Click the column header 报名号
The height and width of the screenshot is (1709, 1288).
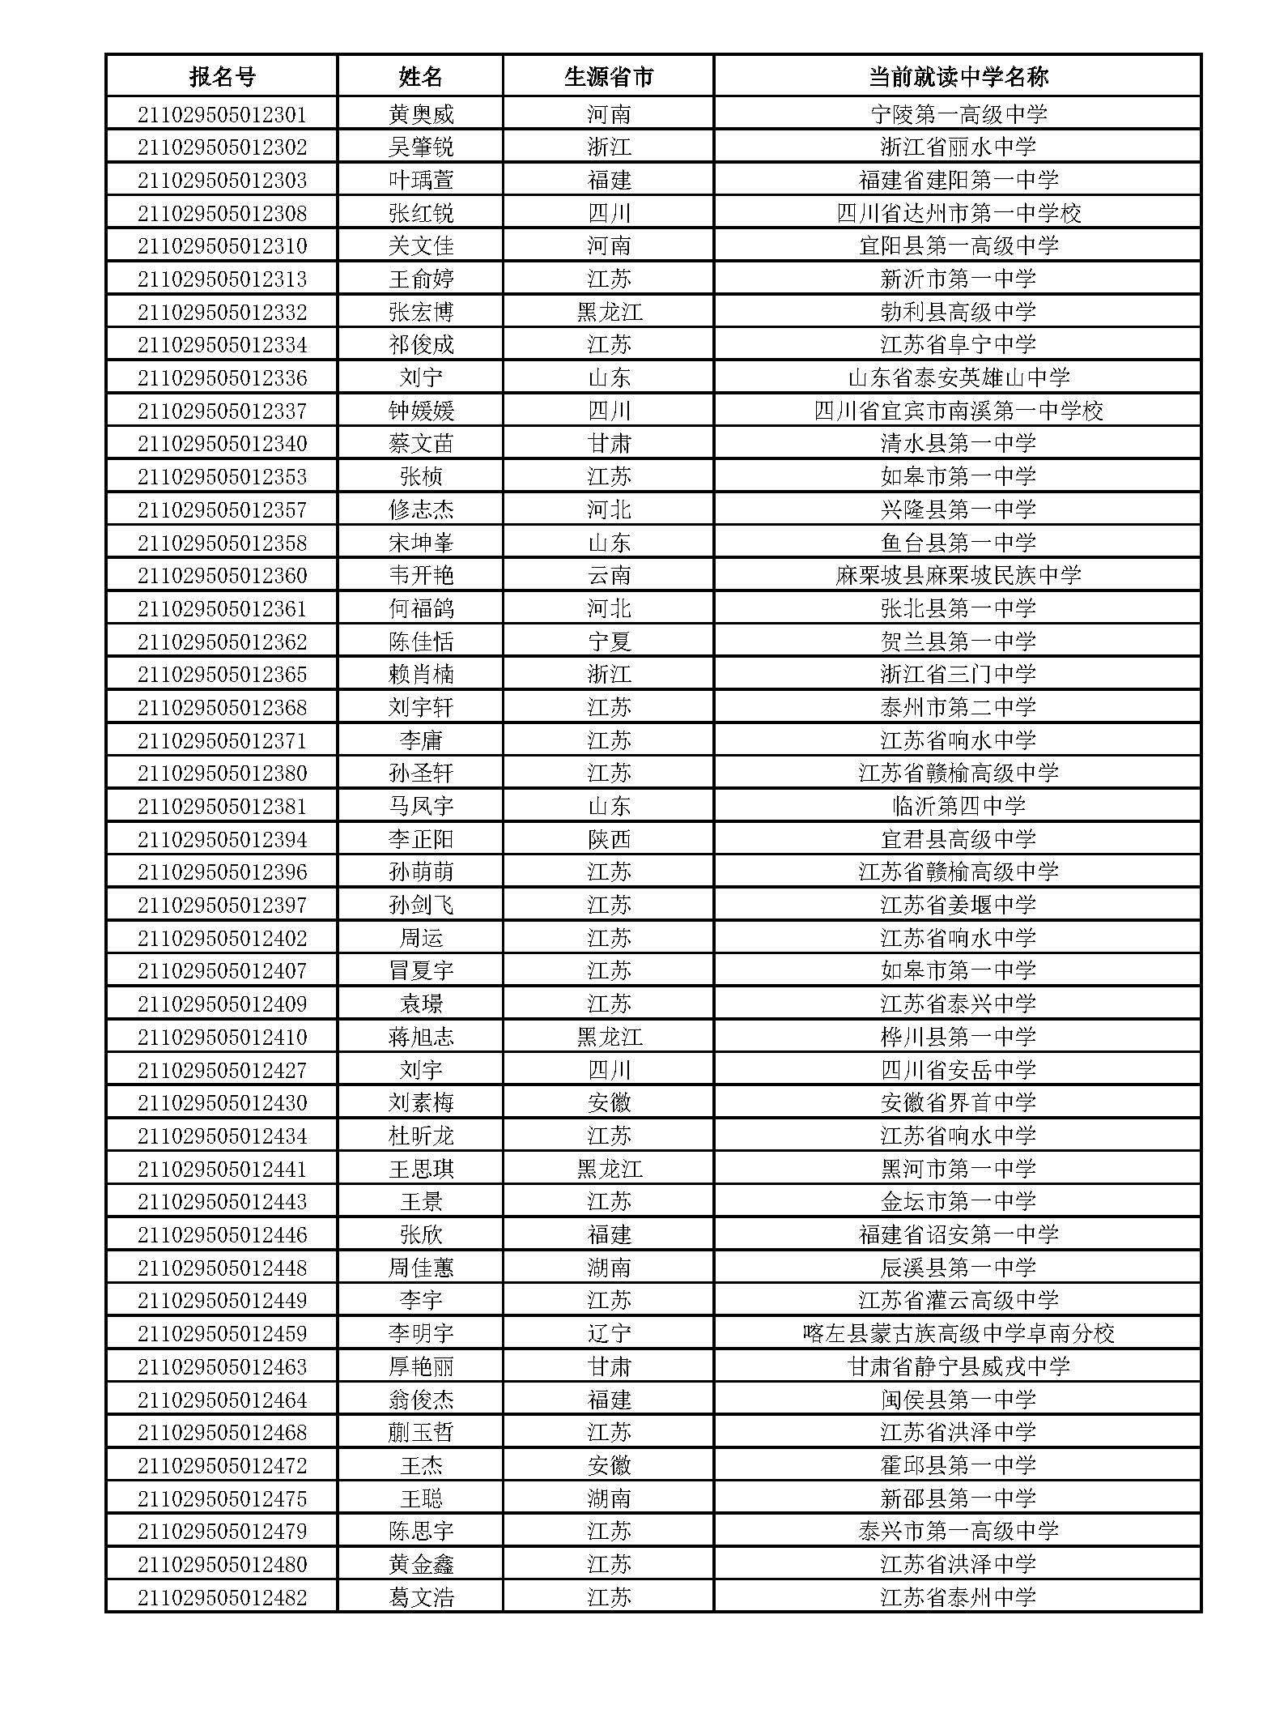[x=222, y=77]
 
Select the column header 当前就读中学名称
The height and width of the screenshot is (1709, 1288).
[x=958, y=77]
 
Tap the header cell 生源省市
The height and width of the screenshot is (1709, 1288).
[x=608, y=77]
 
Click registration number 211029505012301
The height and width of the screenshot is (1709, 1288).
[x=222, y=114]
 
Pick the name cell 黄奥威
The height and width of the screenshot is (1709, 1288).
[x=421, y=114]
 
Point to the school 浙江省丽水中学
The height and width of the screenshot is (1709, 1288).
[x=958, y=147]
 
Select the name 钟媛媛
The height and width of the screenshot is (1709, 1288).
[x=421, y=411]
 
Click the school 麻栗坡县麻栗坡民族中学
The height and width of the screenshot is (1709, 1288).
[x=958, y=575]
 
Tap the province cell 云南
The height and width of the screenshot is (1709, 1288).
[x=608, y=575]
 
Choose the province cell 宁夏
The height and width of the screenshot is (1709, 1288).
[x=608, y=641]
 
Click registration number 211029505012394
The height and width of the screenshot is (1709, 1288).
[x=222, y=839]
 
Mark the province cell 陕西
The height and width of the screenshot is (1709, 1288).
[x=608, y=839]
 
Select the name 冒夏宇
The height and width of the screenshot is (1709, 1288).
[x=421, y=970]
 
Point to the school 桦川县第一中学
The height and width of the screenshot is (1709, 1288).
[x=958, y=1037]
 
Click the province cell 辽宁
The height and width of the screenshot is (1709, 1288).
[x=608, y=1333]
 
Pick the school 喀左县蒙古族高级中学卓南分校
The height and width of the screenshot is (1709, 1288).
[x=958, y=1333]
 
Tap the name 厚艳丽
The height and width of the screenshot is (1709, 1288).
[x=421, y=1366]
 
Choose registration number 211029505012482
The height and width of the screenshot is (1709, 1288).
[x=222, y=1597]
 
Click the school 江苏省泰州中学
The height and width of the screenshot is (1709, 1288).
[x=958, y=1597]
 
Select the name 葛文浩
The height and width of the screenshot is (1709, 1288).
[x=421, y=1597]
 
